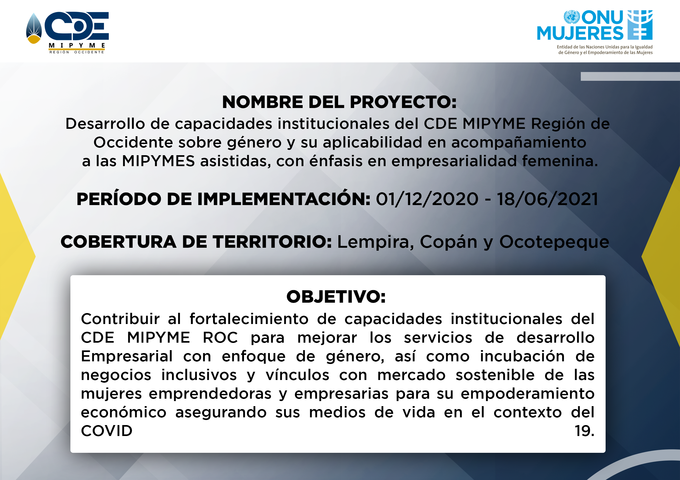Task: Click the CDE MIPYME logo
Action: (67, 33)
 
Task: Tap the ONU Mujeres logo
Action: (595, 32)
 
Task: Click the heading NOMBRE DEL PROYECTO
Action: (339, 102)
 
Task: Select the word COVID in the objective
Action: (107, 431)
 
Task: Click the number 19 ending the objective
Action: (585, 431)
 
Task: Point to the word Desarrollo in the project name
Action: (105, 123)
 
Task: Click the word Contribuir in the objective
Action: (120, 319)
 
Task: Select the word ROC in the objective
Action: (220, 338)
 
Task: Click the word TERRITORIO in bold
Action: (272, 242)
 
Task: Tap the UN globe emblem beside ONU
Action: (572, 17)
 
